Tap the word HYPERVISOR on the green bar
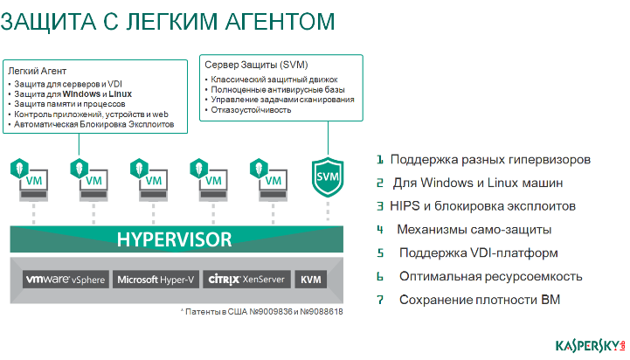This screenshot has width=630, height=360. coord(175,239)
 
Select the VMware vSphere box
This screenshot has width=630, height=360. coord(66,280)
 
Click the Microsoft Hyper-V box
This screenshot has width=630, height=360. coord(156,280)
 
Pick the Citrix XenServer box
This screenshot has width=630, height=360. coord(246,280)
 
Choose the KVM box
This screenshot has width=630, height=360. coord(310,280)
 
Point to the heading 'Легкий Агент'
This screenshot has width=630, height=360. coord(37,70)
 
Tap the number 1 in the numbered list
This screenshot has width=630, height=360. coord(380,160)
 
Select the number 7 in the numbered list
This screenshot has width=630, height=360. coord(380,301)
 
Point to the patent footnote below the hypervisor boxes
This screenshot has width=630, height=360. coord(261,311)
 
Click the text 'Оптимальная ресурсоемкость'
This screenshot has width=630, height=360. coord(490,277)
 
